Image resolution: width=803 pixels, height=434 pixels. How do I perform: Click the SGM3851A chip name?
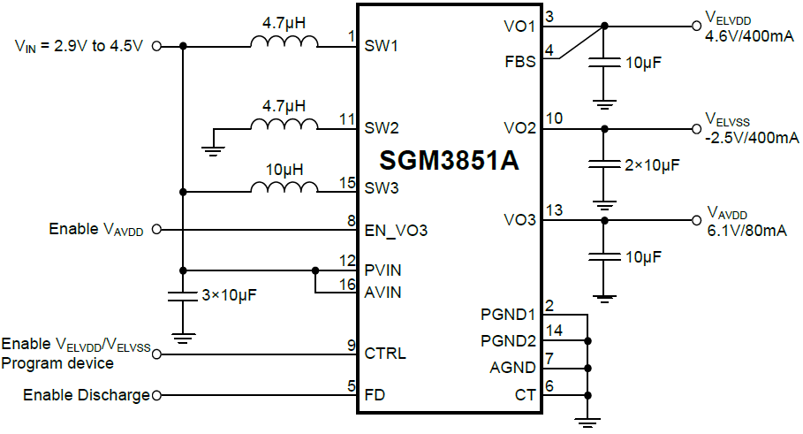tap(449, 161)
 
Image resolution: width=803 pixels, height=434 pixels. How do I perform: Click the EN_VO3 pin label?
tap(397, 231)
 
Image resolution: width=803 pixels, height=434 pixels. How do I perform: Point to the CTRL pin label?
tap(385, 354)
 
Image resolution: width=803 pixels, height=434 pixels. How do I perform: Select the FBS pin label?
tap(520, 62)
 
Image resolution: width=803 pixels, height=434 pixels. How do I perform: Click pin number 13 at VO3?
tap(554, 209)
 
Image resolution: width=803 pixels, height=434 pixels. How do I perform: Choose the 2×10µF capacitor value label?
tap(650, 165)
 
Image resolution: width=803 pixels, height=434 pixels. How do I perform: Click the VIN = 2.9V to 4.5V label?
tap(80, 46)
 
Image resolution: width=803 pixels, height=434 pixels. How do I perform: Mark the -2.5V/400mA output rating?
tap(752, 139)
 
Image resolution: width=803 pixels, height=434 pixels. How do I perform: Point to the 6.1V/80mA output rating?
tap(746, 231)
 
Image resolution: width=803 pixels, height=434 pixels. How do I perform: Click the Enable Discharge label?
tap(87, 395)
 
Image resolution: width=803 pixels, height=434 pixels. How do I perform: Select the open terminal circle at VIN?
tap(157, 46)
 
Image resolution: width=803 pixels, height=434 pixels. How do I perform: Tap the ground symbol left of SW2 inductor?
tap(212, 148)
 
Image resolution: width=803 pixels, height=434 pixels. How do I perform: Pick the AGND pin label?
tap(513, 368)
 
